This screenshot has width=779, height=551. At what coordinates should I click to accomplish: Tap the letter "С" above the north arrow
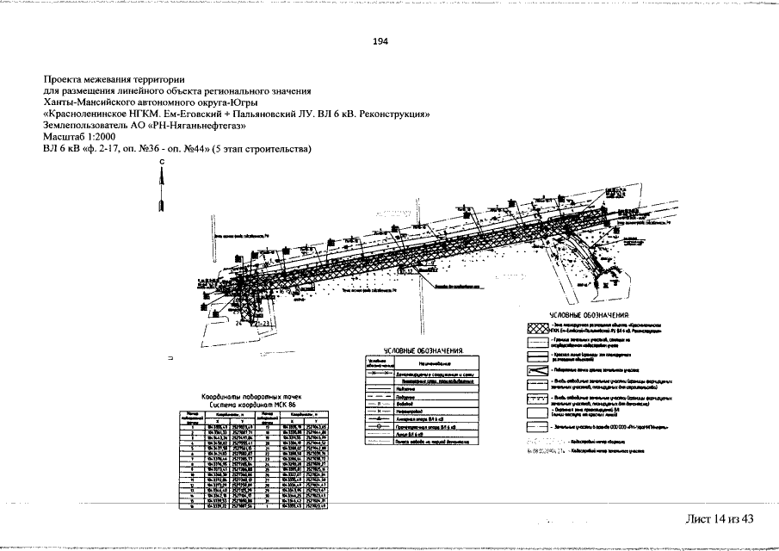(x=161, y=163)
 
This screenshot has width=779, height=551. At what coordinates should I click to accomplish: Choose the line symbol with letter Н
(x=379, y=411)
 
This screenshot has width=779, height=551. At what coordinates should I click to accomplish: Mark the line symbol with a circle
(x=379, y=427)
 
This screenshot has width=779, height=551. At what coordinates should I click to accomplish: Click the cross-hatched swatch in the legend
(x=537, y=329)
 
